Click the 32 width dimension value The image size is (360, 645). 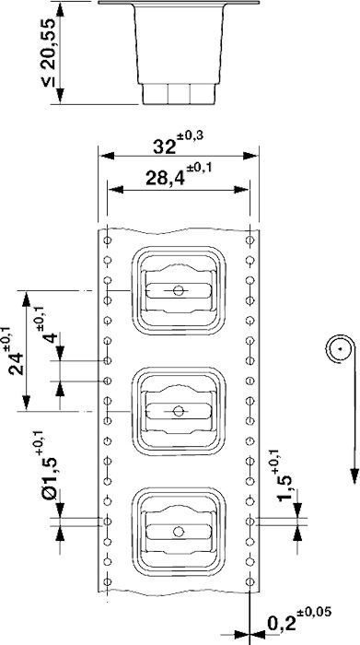pyautogui.click(x=165, y=146)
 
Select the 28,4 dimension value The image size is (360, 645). pyautogui.click(x=165, y=179)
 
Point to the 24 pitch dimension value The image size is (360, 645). pyautogui.click(x=16, y=363)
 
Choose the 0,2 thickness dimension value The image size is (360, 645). pyautogui.click(x=282, y=624)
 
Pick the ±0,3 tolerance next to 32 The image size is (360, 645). pyautogui.click(x=191, y=135)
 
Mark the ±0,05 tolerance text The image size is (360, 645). pyautogui.click(x=314, y=612)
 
